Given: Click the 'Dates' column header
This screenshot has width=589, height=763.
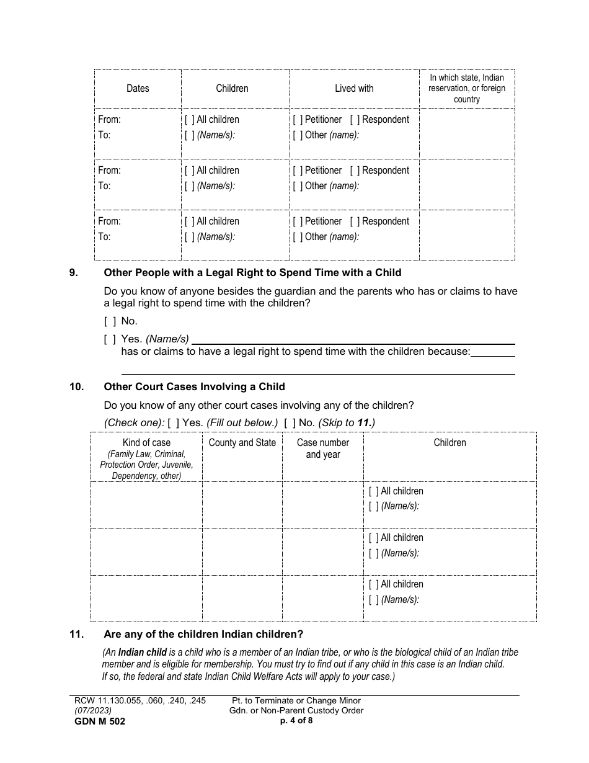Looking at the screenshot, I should (138, 89).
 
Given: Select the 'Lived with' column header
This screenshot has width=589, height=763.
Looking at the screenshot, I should (354, 89).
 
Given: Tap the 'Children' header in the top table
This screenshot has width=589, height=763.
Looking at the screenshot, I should (232, 89).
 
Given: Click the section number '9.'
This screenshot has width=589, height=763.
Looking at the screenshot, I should (74, 272).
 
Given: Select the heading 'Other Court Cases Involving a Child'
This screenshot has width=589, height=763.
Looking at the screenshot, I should (194, 387).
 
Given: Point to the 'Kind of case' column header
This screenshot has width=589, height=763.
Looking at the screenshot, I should (146, 443).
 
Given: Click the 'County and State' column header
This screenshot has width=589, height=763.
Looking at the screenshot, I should (242, 443).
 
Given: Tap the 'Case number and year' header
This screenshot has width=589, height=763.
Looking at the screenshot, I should (322, 448).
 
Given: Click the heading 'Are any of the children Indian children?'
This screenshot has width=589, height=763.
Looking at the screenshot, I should (203, 635).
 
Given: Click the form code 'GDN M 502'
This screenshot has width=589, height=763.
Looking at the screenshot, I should (99, 721).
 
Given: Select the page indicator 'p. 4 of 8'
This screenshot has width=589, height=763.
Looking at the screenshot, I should (296, 721).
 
